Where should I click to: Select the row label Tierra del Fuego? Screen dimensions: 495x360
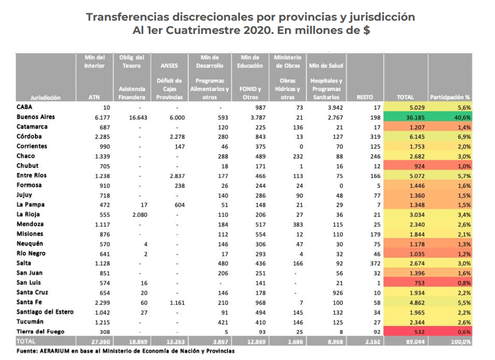coord(40,331)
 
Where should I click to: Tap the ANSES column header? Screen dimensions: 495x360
coord(169,66)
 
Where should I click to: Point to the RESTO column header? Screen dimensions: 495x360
coord(365,97)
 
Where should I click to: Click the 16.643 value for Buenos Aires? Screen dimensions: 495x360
coord(138,118)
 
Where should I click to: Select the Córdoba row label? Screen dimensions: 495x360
coord(29,136)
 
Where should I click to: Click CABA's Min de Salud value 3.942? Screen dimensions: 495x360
coord(335,108)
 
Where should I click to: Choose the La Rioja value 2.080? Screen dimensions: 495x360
coord(140,215)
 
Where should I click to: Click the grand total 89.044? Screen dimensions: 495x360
coord(415,342)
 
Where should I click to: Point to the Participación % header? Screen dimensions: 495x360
coord(450,97)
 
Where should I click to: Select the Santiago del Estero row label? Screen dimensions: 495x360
coord(45,312)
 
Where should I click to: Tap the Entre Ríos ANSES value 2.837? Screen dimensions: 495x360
coord(177,176)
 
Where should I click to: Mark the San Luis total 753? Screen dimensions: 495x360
coord(419,283)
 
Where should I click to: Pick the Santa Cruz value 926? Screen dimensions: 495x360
coord(338,293)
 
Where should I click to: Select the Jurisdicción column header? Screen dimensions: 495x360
coord(45,97)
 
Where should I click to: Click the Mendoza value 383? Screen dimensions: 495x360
coord(298,225)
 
